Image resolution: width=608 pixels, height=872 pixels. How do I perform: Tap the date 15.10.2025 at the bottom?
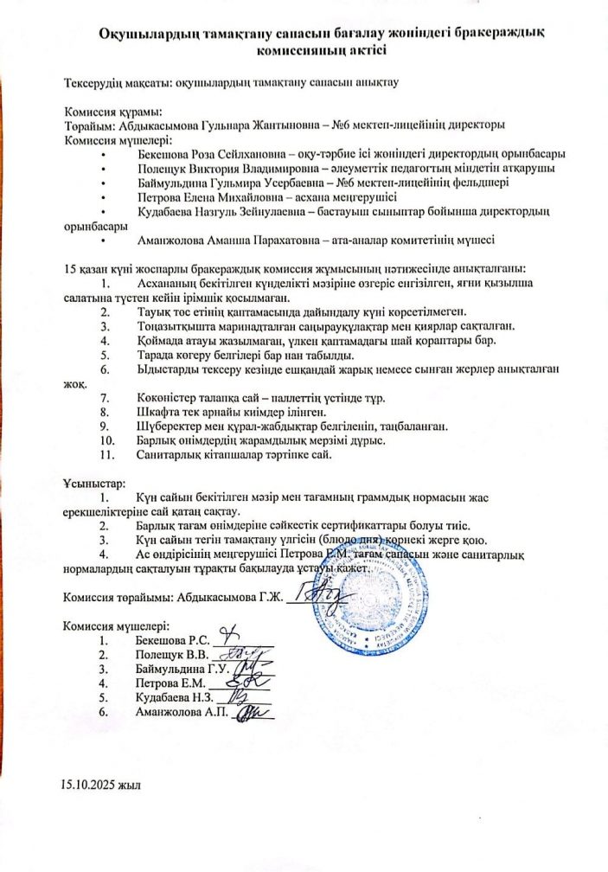tap(90, 785)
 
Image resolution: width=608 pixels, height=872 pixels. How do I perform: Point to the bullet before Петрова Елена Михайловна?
tap(103, 197)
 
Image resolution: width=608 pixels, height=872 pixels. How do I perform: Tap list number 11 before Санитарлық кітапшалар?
tap(107, 453)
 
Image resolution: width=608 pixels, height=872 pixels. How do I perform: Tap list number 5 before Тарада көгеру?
tap(104, 354)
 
